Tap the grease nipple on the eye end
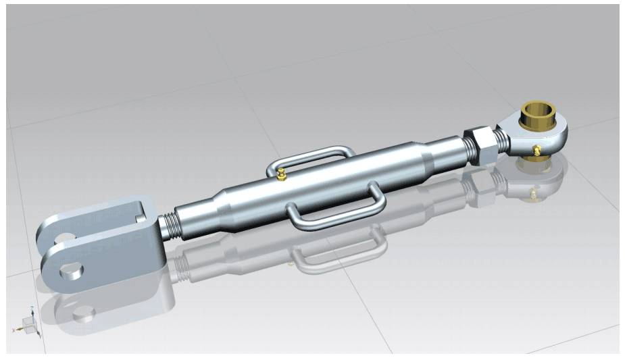536,150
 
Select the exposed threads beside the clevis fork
173,224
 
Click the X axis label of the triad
14,329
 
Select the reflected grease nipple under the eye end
534,195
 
